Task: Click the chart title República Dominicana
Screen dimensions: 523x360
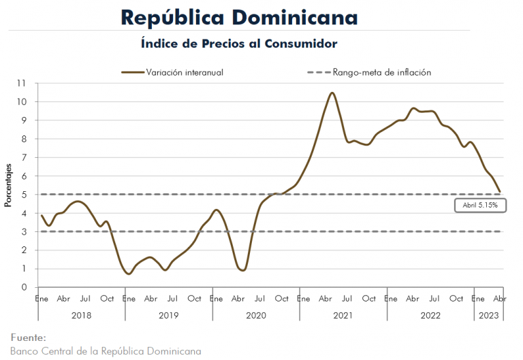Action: pyautogui.click(x=239, y=18)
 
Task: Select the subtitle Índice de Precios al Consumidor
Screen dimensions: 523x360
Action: pyautogui.click(x=239, y=44)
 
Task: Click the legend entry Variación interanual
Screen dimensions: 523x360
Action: pyautogui.click(x=185, y=72)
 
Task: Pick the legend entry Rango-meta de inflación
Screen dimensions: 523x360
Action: pyautogui.click(x=382, y=72)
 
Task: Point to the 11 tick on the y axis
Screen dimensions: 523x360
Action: pyautogui.click(x=21, y=83)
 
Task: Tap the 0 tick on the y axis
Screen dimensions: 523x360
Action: pyautogui.click(x=24, y=287)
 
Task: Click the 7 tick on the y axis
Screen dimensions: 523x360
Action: pyautogui.click(x=24, y=157)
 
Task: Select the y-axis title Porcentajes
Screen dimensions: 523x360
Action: pyautogui.click(x=8, y=185)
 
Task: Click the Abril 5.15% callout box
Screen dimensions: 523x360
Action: pyautogui.click(x=480, y=206)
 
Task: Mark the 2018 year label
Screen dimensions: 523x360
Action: pyautogui.click(x=82, y=315)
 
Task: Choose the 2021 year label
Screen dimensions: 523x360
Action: pyautogui.click(x=343, y=315)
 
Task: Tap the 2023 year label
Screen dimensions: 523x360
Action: pyautogui.click(x=489, y=315)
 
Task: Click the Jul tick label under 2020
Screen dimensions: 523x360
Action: pyautogui.click(x=259, y=299)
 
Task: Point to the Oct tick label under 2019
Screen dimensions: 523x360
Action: pyautogui.click(x=194, y=299)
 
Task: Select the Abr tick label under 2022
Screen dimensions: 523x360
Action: pyautogui.click(x=413, y=299)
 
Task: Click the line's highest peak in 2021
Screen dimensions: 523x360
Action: pyautogui.click(x=332, y=93)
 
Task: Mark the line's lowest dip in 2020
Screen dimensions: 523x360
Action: pyautogui.click(x=242, y=270)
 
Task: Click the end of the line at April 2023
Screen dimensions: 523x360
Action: pyautogui.click(x=500, y=192)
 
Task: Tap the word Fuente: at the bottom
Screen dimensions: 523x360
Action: pyautogui.click(x=29, y=338)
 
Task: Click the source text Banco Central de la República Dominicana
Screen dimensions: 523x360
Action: pyautogui.click(x=106, y=351)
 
